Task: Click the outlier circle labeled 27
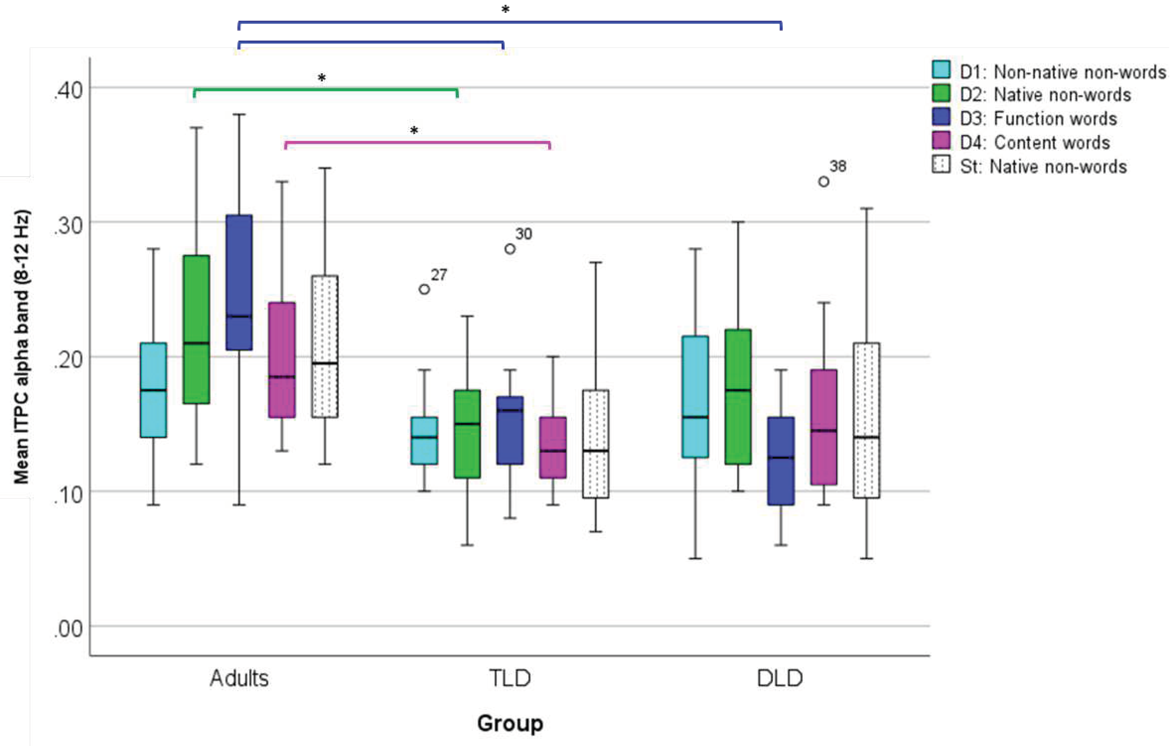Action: tap(424, 289)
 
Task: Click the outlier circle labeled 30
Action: tap(510, 249)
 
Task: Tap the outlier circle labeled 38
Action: tap(823, 182)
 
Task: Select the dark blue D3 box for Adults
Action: tap(239, 282)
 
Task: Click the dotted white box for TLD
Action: tap(595, 444)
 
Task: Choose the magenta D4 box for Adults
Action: tap(282, 360)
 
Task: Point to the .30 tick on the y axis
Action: tap(68, 225)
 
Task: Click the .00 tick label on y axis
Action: tap(68, 629)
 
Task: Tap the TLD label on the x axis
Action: tap(510, 678)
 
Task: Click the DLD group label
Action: tap(780, 678)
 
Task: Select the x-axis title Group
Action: tap(510, 723)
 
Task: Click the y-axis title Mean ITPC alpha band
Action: tap(22, 347)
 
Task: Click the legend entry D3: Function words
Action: tap(1038, 119)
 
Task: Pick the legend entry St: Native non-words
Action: tap(1043, 166)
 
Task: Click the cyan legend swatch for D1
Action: tap(941, 70)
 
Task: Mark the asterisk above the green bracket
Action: tap(321, 78)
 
